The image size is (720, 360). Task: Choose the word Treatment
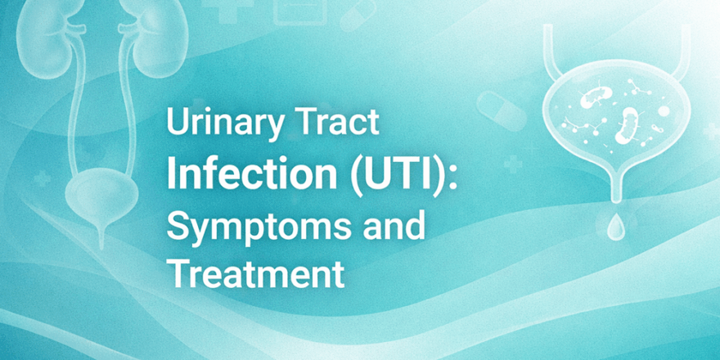[255, 274]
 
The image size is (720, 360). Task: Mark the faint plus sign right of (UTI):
[513, 165]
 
